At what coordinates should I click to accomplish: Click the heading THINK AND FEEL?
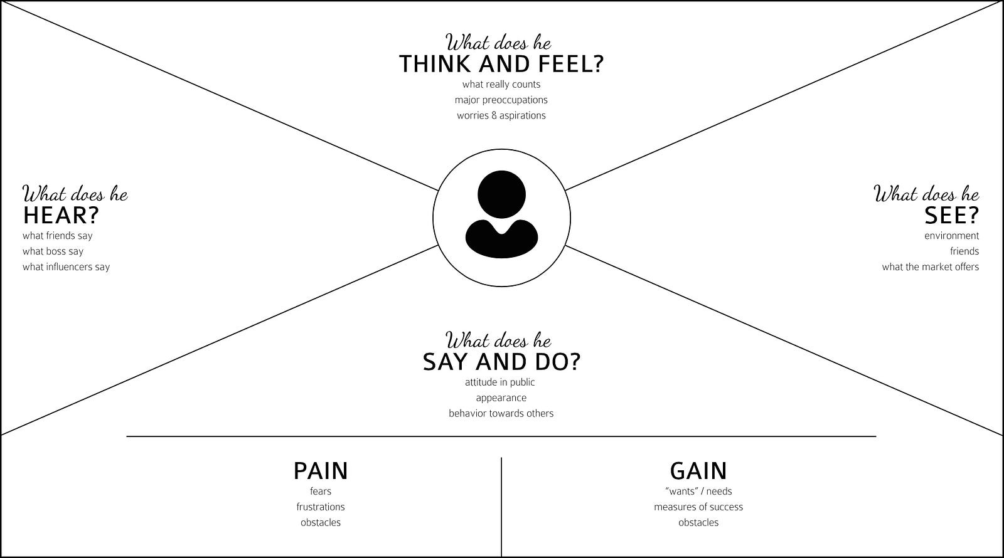tap(501, 65)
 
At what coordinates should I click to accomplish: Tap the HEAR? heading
tap(61, 216)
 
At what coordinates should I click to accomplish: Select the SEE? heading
tap(951, 216)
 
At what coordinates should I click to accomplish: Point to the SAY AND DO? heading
tap(501, 362)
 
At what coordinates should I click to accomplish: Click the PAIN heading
tap(320, 471)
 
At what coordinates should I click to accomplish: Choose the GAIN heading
tap(698, 471)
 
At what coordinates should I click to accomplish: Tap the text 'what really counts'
tap(501, 85)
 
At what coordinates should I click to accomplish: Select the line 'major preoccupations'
tap(501, 100)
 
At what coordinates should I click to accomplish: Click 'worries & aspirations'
tap(501, 116)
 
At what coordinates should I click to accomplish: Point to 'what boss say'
tap(53, 251)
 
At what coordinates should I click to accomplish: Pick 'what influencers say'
tap(66, 267)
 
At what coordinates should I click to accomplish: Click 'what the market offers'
tap(930, 267)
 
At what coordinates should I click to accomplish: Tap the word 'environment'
tap(951, 236)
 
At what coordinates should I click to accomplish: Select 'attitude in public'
tap(499, 382)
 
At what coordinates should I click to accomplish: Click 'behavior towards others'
tap(501, 414)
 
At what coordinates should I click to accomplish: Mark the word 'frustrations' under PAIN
tap(320, 507)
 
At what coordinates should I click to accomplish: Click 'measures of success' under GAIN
tap(698, 507)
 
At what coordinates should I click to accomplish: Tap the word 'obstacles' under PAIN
tap(320, 523)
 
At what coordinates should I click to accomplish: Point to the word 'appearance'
tap(501, 398)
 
